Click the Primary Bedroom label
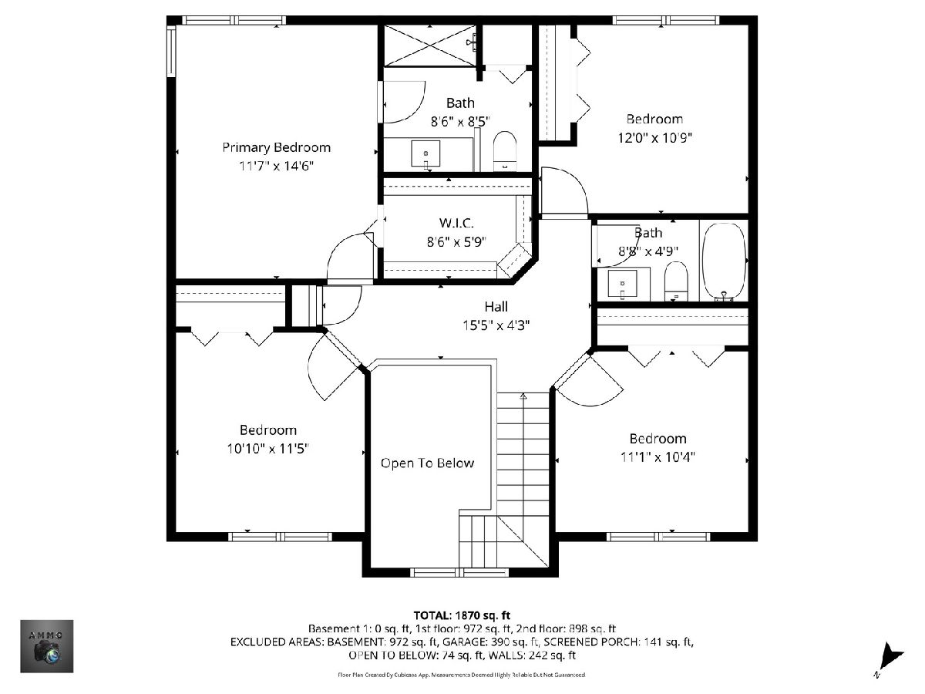[276, 148]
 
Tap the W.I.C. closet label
[456, 223]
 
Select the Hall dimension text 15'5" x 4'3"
[496, 325]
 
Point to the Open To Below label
[427, 463]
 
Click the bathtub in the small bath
[724, 261]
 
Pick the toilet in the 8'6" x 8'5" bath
[505, 151]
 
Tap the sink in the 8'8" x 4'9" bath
[622, 284]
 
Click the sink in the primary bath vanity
[425, 154]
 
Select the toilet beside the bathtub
[676, 281]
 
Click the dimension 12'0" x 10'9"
[655, 138]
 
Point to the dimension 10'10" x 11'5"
[268, 449]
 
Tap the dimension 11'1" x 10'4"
[658, 457]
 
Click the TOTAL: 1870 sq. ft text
[462, 615]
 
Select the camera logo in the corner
[47, 646]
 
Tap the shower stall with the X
[430, 45]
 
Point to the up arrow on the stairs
[523, 396]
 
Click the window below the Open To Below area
[459, 572]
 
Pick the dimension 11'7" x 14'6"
[277, 166]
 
